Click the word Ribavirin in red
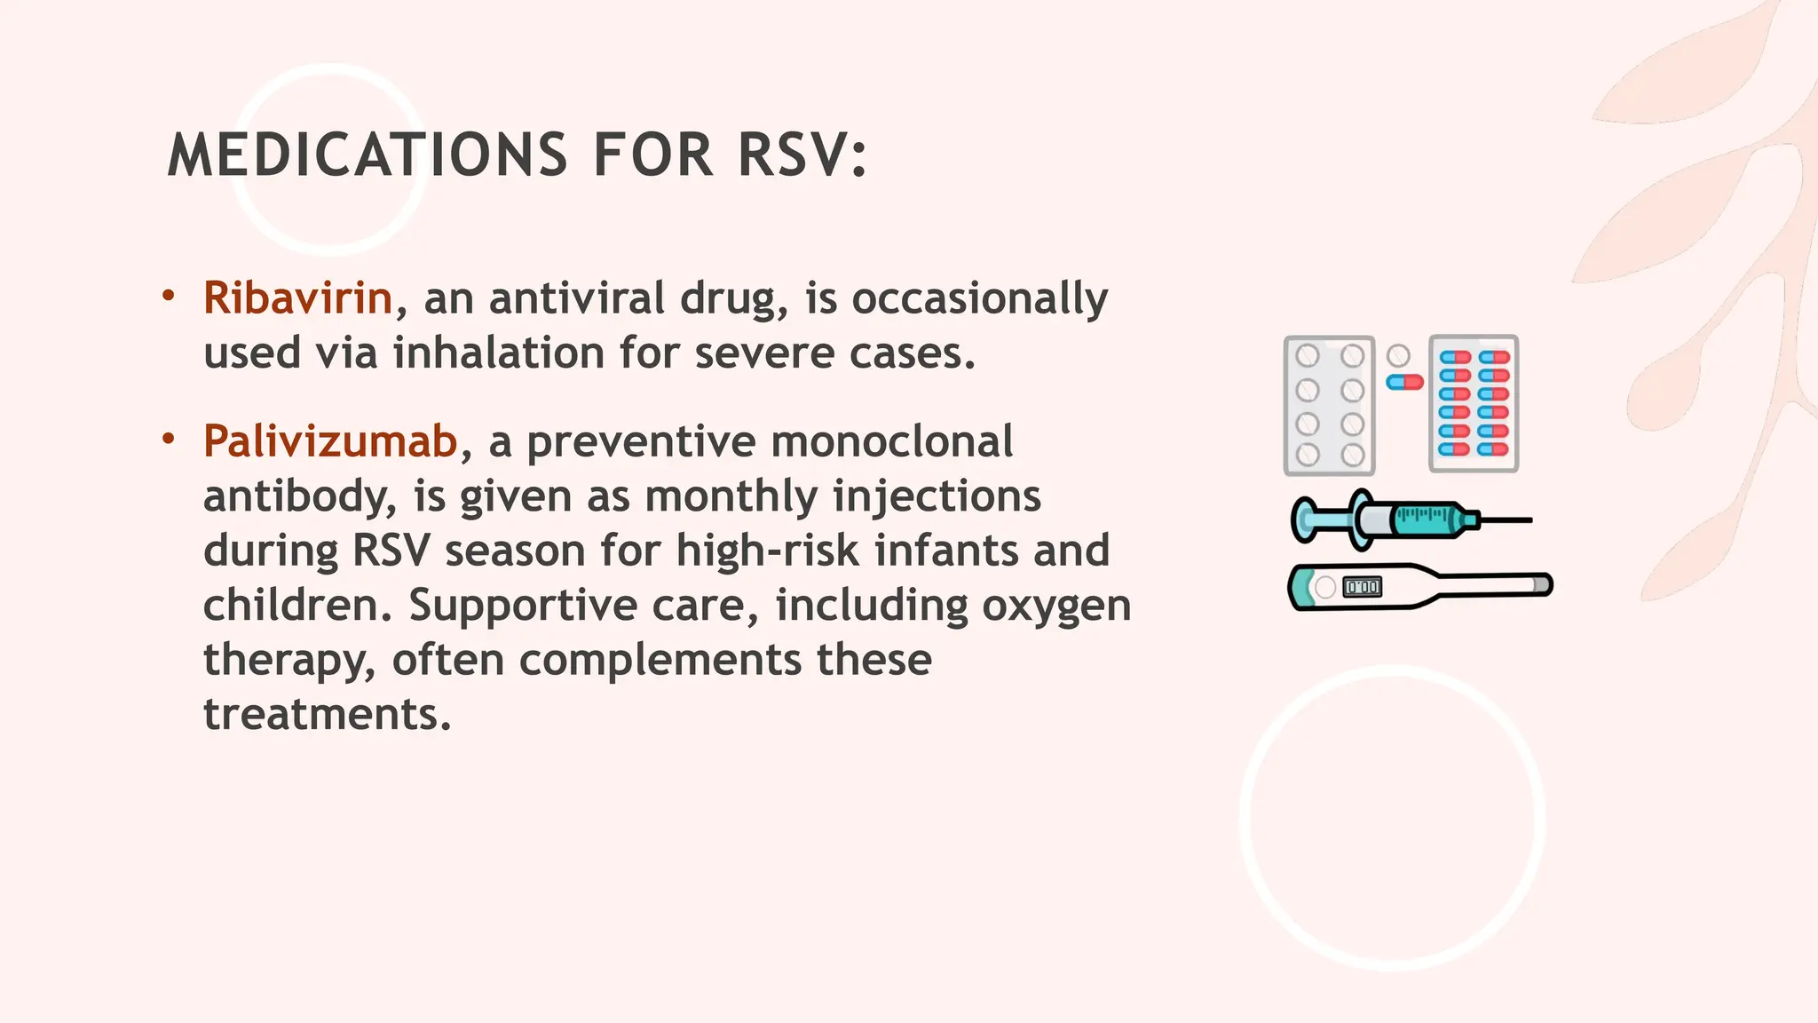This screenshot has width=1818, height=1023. point(297,297)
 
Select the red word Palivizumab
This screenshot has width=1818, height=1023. point(330,441)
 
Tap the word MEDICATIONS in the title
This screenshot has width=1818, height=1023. point(367,155)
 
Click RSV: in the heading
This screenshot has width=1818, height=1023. point(802,155)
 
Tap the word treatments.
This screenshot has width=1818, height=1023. point(327,714)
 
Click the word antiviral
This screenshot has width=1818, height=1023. point(576,297)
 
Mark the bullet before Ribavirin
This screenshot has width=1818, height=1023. point(169,295)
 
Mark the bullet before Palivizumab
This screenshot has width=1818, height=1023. point(169,439)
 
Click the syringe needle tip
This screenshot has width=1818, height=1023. point(1529,519)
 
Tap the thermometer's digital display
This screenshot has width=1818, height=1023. point(1362,587)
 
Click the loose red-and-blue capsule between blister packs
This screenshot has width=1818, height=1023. point(1404,382)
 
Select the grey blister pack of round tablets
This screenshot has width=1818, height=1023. point(1329,405)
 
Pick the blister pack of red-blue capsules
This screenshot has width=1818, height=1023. point(1474,404)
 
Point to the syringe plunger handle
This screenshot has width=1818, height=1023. point(1305,519)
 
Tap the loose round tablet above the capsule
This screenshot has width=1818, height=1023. point(1398,356)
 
